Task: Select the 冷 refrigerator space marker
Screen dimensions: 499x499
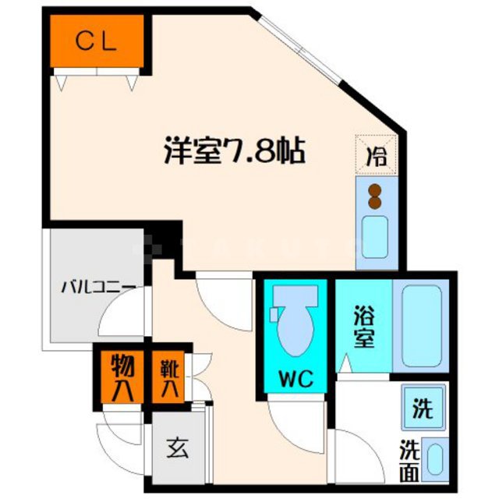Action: [377, 154]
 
